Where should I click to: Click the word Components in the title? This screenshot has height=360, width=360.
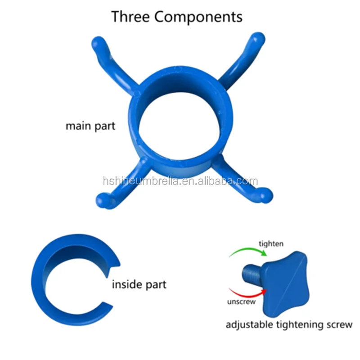tap(198, 17)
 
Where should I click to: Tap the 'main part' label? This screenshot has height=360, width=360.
tap(90, 126)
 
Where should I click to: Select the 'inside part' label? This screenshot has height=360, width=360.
tap(139, 284)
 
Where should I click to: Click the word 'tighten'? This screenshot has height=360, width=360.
tap(271, 243)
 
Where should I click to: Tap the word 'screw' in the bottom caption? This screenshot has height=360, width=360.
tap(340, 324)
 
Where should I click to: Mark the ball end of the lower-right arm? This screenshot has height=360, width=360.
tap(267, 195)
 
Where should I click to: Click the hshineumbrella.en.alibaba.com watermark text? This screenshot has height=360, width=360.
tap(180, 181)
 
